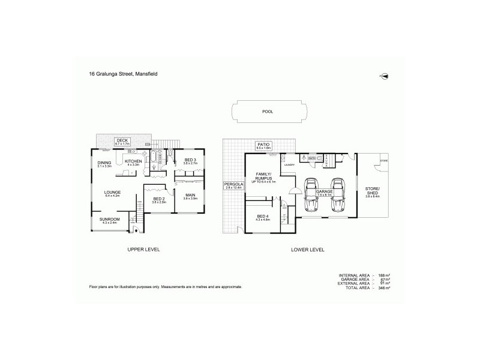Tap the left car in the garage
pyautogui.click(x=311, y=195)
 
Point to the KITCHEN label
pyautogui.click(x=133, y=162)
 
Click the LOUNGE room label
pyautogui.click(x=113, y=193)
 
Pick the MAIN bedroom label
pyautogui.click(x=190, y=195)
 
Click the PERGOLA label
pyautogui.click(x=232, y=185)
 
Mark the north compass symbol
pyautogui.click(x=384, y=76)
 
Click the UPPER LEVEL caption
pyautogui.click(x=143, y=249)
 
